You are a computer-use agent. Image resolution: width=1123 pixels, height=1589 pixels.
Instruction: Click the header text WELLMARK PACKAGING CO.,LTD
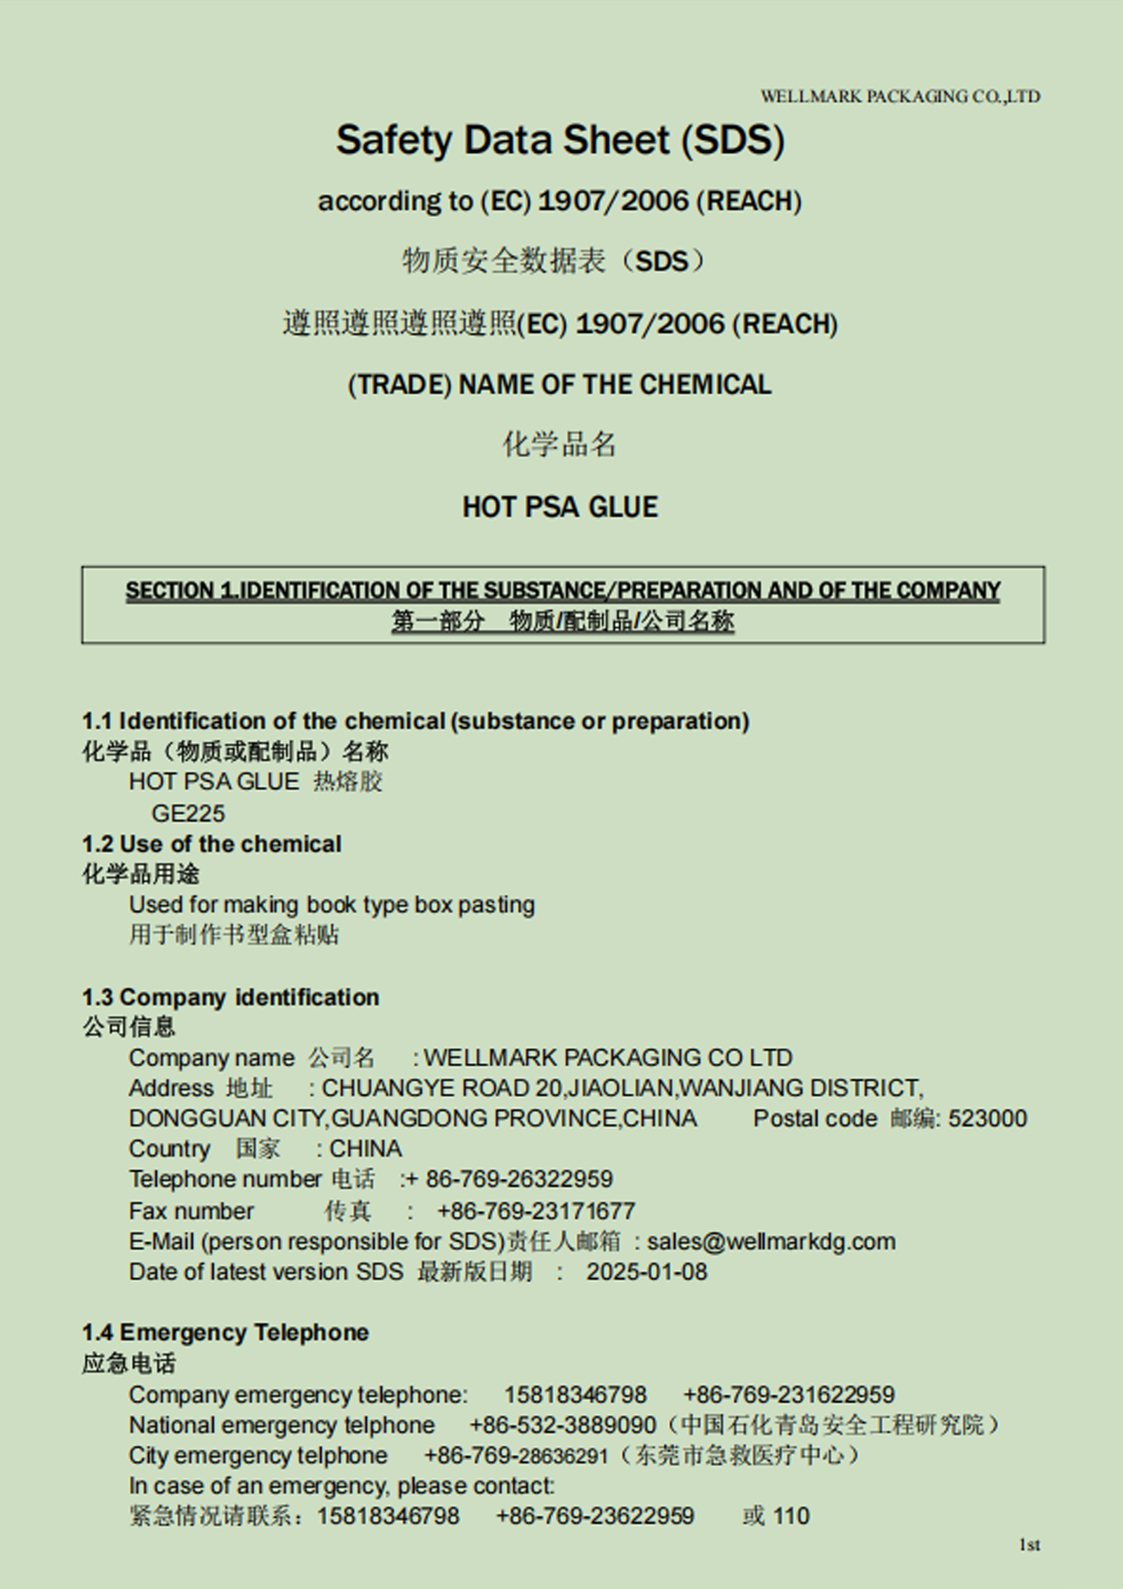click(x=900, y=96)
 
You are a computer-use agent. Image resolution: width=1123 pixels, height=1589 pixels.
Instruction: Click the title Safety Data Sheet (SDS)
click(x=560, y=140)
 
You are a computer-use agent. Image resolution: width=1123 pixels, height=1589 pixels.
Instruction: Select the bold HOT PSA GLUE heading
click(x=560, y=507)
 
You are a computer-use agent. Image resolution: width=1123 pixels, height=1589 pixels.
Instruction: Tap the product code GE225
click(x=188, y=813)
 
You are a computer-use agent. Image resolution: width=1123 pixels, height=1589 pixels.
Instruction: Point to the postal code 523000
click(x=988, y=1119)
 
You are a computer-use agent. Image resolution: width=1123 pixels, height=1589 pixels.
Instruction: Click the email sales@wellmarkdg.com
click(x=771, y=1241)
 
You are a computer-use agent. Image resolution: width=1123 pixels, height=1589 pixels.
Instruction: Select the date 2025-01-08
click(x=646, y=1272)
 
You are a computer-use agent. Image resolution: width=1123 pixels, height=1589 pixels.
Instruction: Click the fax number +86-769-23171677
click(x=536, y=1211)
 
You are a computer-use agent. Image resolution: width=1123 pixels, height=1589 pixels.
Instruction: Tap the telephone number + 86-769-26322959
click(x=510, y=1179)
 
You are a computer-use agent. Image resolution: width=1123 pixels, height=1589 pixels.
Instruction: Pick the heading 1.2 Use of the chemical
click(x=211, y=843)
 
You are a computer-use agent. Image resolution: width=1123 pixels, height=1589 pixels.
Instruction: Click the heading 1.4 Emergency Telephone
click(x=225, y=1332)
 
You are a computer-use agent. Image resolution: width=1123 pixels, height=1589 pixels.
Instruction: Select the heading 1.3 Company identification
click(x=230, y=997)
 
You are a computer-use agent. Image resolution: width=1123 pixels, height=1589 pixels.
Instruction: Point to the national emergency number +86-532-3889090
click(x=562, y=1425)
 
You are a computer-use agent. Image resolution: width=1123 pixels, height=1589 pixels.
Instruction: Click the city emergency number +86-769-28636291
click(x=516, y=1456)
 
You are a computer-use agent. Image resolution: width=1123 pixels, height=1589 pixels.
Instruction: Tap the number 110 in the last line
click(x=792, y=1515)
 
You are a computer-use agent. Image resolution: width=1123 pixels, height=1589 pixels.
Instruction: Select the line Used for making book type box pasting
click(x=331, y=904)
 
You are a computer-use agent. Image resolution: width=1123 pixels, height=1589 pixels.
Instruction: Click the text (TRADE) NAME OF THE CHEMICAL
click(x=559, y=385)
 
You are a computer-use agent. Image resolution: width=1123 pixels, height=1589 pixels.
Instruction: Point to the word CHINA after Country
click(x=366, y=1149)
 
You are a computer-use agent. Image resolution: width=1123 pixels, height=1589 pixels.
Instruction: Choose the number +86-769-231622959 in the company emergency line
click(x=789, y=1394)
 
